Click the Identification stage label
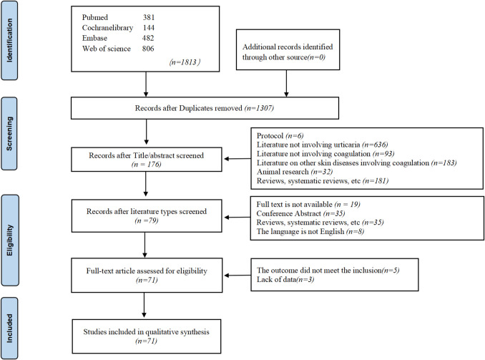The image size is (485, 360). (9, 41)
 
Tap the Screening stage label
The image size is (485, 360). (9, 134)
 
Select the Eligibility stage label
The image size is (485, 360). (10, 240)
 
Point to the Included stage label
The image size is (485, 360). (9, 328)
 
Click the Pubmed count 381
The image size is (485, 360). (149, 17)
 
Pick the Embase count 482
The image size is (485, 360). (148, 38)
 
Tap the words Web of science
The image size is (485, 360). (107, 49)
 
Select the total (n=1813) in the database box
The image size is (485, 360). (185, 62)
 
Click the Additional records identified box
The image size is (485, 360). (288, 49)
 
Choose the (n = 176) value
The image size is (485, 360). (147, 164)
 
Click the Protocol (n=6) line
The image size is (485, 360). (280, 135)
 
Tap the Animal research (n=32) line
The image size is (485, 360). (295, 172)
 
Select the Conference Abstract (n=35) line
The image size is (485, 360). (300, 213)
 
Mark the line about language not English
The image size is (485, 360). (310, 231)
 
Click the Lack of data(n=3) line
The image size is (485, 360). (285, 280)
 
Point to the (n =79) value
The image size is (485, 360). (147, 220)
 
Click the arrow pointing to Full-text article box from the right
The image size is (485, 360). (237, 275)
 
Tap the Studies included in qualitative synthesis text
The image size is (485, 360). (147, 332)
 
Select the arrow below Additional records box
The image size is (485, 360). (286, 83)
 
